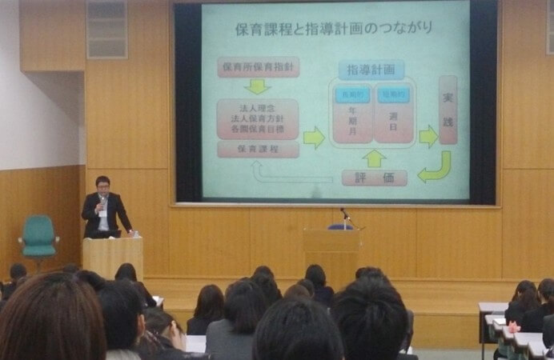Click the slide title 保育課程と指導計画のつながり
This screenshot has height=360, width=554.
pos(334,28)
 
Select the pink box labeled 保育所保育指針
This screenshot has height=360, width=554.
pos(258,66)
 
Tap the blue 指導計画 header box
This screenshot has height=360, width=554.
pos(371,70)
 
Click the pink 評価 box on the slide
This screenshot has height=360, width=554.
pos(374,178)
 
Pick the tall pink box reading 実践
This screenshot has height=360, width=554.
pos(448,110)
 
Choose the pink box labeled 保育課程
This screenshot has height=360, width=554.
pos(258,150)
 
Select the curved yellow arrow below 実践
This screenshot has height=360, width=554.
pos(436,167)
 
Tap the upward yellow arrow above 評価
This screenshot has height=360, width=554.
pos(374,158)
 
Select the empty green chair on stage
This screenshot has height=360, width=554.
pos(38,235)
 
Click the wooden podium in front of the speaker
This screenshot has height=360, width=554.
pos(112,256)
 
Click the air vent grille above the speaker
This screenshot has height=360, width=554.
pos(107,29)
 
